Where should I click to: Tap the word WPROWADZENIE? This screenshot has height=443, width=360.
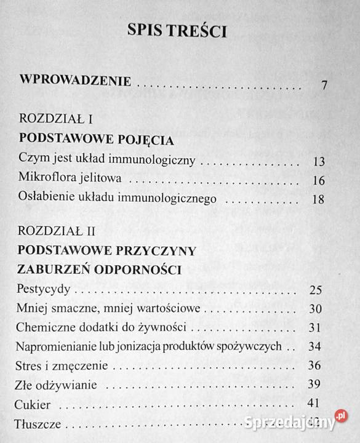[x=74, y=81]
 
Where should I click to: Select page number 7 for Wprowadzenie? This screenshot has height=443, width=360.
[x=324, y=85]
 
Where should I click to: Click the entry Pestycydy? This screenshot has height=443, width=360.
[x=43, y=289]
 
